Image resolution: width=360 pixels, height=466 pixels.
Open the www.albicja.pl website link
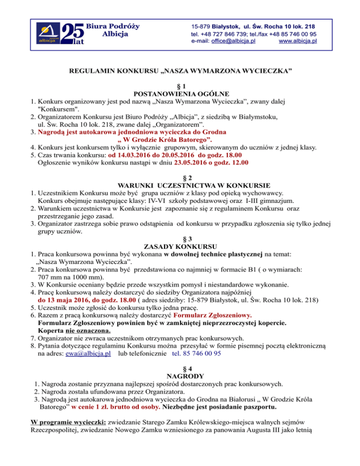(298, 41)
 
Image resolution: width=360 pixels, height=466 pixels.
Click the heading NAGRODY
(180, 376)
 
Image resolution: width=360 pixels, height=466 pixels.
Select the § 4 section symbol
(180, 368)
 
